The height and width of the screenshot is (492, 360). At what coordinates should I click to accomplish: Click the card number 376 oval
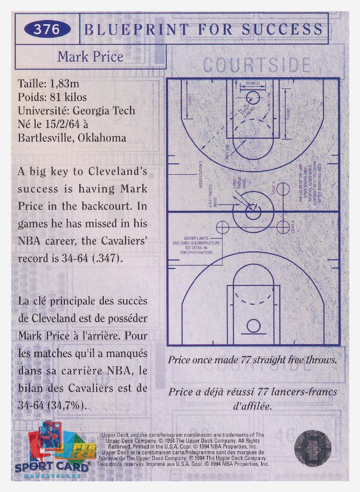pyautogui.click(x=47, y=30)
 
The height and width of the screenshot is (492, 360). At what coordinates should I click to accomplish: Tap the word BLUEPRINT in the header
pyautogui.click(x=137, y=30)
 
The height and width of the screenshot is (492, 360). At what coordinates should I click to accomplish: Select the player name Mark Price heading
pyautogui.click(x=90, y=57)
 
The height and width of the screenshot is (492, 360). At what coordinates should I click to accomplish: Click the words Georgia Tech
pyautogui.click(x=104, y=111)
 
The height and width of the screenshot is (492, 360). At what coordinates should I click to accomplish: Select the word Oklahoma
pyautogui.click(x=102, y=138)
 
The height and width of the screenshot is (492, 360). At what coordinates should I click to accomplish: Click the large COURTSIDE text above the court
pyautogui.click(x=257, y=65)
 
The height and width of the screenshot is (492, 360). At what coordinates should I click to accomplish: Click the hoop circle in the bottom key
pyautogui.click(x=253, y=326)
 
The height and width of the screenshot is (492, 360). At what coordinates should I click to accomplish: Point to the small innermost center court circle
pyautogui.click(x=253, y=212)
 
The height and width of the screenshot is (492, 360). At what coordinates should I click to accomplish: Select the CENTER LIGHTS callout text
pyautogui.click(x=196, y=238)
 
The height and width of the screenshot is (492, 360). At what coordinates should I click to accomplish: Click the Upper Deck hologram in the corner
pyautogui.click(x=312, y=448)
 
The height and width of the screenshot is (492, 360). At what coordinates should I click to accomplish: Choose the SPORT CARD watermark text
pyautogui.click(x=52, y=467)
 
